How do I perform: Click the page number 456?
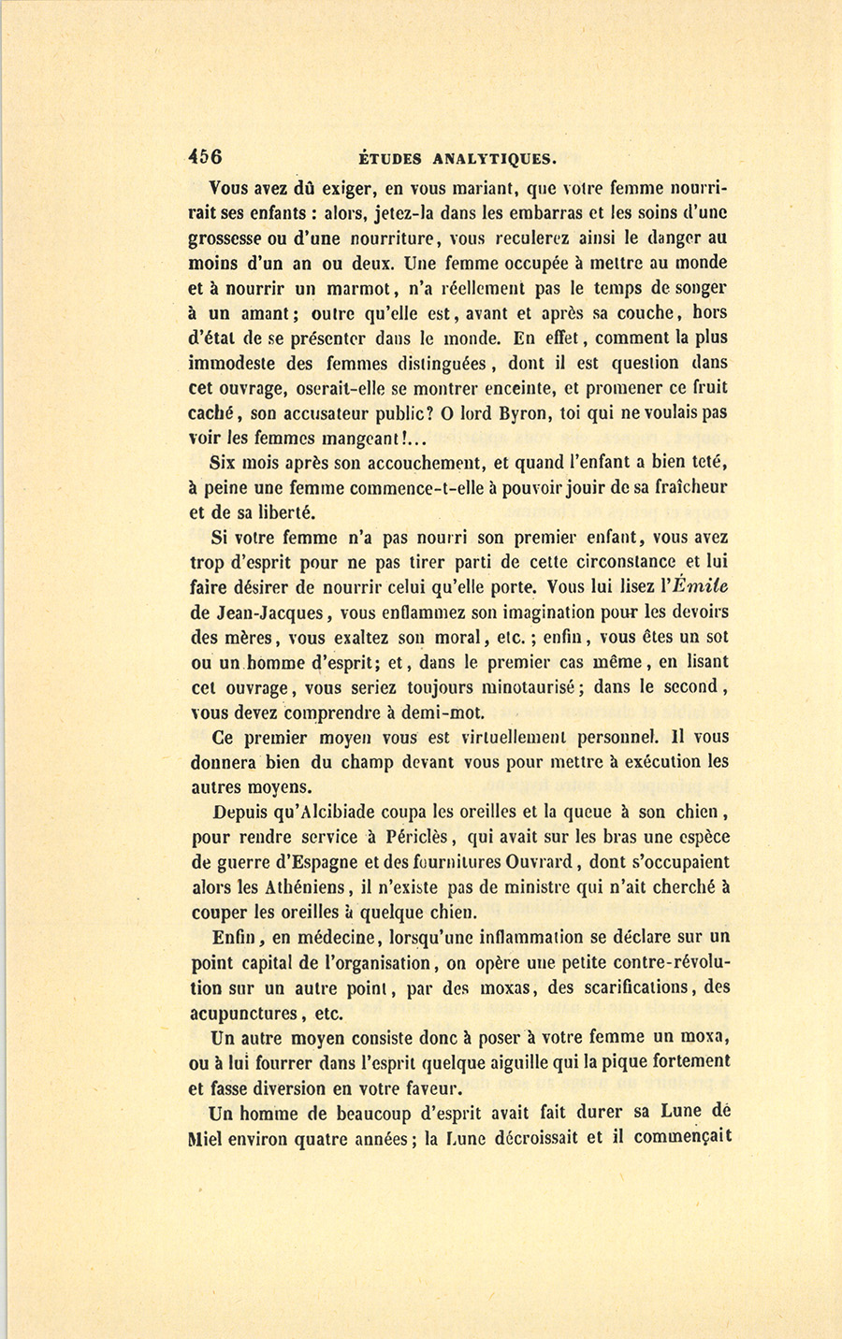coord(205,157)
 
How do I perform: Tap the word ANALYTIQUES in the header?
coord(503,158)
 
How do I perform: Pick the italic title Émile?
coord(698,587)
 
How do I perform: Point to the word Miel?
coord(208,1139)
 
